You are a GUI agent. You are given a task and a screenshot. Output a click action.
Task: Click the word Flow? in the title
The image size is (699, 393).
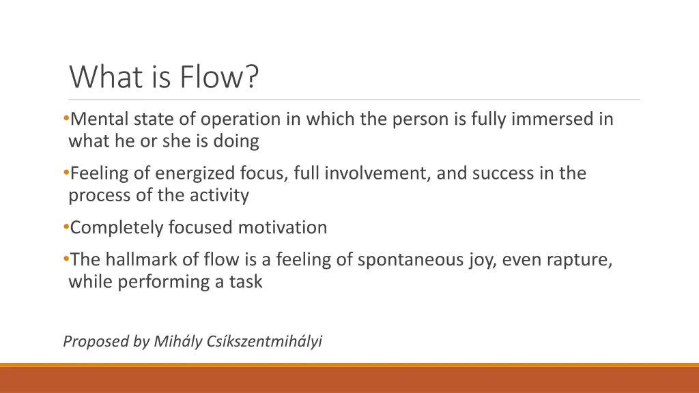[x=220, y=76]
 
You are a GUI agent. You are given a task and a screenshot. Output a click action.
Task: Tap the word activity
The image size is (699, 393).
[x=218, y=196]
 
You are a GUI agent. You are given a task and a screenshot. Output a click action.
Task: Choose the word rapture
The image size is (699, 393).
[x=579, y=259]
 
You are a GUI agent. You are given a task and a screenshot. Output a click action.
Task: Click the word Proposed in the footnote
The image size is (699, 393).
[x=94, y=342]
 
